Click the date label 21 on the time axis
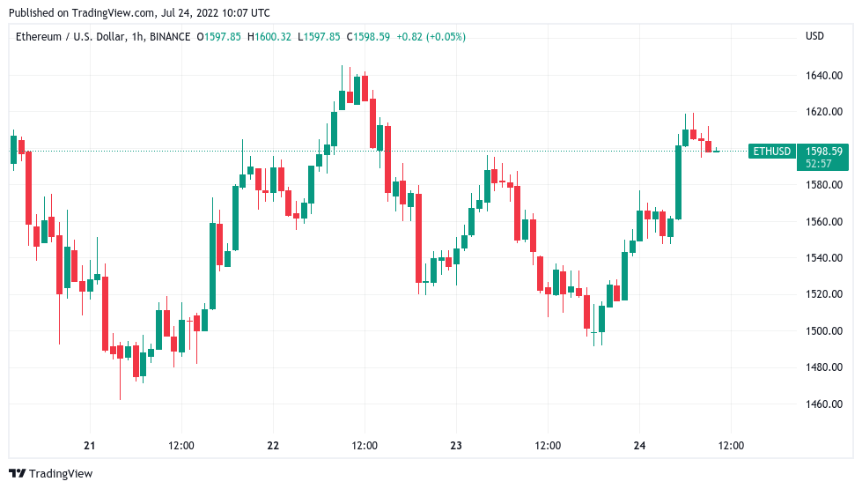pos(89,446)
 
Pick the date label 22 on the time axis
pos(273,446)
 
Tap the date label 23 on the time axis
pos(456,446)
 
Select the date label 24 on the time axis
pos(639,446)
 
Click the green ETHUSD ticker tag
pos(771,152)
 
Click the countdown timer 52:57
pos(818,164)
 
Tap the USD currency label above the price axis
pos(814,36)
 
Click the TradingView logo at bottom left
pos(50,474)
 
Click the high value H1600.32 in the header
pos(270,36)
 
